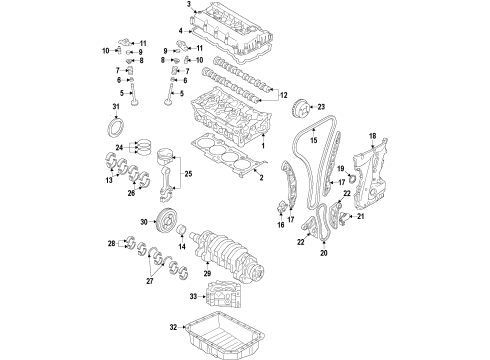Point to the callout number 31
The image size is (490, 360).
pos(116,107)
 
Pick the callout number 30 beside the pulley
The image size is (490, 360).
pos(144,222)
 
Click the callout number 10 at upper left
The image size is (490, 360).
pos(105,50)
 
